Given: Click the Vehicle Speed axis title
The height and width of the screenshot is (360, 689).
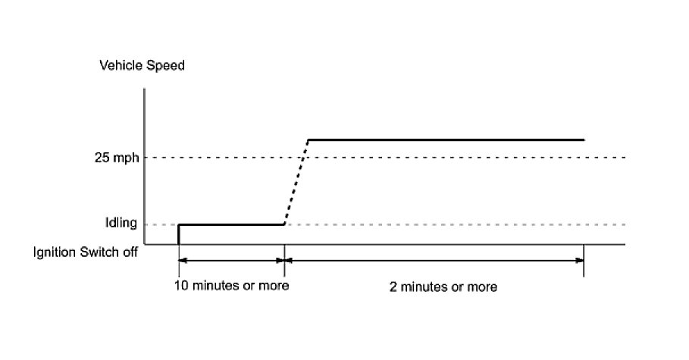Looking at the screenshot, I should [142, 66].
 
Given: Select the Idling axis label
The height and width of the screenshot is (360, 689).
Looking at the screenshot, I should [121, 224].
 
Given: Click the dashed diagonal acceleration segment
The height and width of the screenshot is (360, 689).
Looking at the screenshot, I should [296, 182].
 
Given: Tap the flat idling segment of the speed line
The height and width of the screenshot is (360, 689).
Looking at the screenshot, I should [231, 224].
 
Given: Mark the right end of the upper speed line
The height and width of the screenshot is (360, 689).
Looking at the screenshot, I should [583, 139].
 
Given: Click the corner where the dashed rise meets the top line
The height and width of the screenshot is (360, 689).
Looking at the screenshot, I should [308, 140].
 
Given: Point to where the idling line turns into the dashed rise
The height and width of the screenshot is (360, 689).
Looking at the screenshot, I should [284, 224].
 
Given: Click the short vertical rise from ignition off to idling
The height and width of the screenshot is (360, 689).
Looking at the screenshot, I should [178, 234].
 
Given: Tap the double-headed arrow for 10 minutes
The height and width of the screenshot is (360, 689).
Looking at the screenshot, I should [231, 260].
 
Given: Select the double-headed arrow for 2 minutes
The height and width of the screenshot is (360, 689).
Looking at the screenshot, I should [434, 260].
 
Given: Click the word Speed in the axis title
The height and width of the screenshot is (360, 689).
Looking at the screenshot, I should [167, 66].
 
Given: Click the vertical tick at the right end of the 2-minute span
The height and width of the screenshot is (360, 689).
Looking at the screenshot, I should [584, 261].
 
